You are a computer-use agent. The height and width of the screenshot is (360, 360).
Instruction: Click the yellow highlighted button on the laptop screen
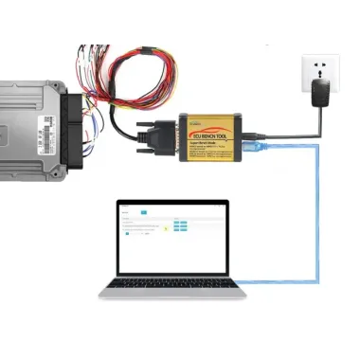(166, 228)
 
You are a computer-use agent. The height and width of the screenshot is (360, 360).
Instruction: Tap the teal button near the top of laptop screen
(143, 212)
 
